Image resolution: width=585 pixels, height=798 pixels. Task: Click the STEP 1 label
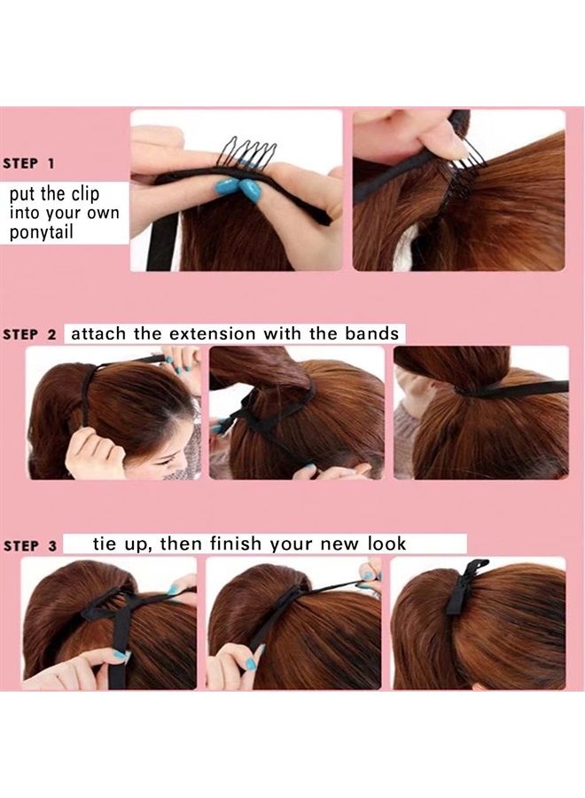(29, 164)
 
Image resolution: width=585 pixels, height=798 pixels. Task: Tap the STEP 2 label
(29, 335)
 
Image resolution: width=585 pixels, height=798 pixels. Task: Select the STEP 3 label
(29, 546)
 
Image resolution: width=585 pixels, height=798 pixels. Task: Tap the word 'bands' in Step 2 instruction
(372, 334)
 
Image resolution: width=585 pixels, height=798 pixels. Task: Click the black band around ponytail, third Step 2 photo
(514, 389)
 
